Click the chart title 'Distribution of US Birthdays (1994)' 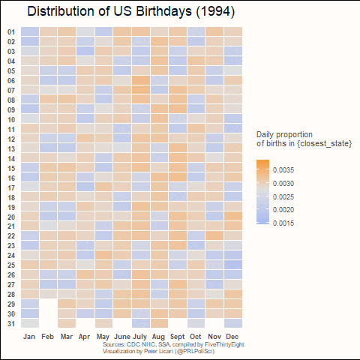click(x=131, y=11)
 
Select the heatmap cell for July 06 click(x=141, y=80)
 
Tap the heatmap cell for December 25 click(x=233, y=265)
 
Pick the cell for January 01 click(x=30, y=31)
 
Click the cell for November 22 click(x=214, y=235)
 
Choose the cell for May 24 click(x=104, y=255)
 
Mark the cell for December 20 click(x=233, y=216)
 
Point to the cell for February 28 click(x=49, y=294)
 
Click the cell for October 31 click(x=196, y=323)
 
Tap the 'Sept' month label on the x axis click(x=178, y=337)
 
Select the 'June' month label click(x=122, y=337)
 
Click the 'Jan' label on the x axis click(x=29, y=337)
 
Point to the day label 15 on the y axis click(x=11, y=169)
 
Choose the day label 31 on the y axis click(x=11, y=324)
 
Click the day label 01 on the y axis click(x=11, y=32)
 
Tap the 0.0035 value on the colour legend click(x=283, y=170)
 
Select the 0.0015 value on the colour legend click(x=283, y=223)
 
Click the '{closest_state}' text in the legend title click(x=324, y=143)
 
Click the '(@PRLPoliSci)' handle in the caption click(x=195, y=351)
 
